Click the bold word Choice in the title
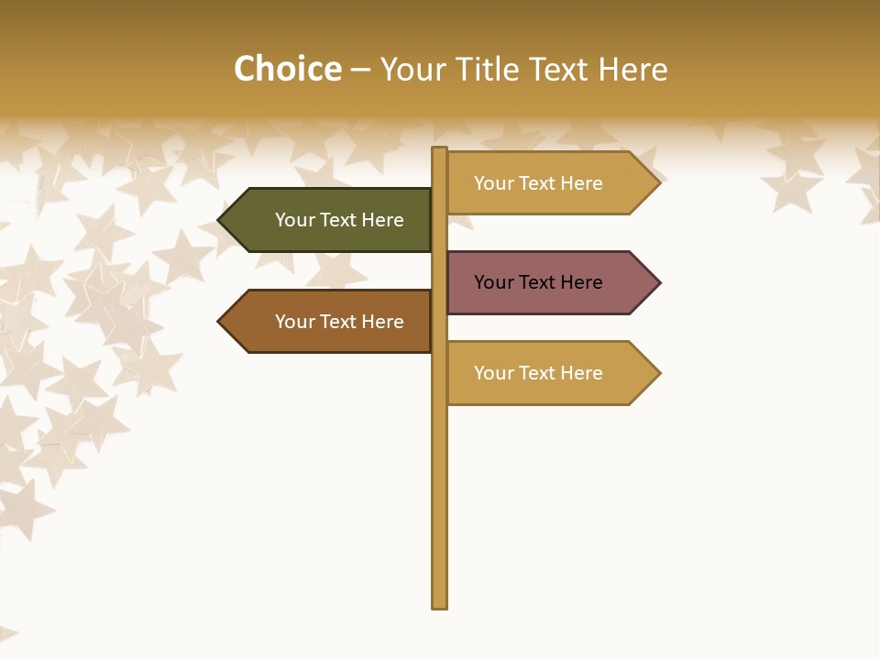(x=287, y=70)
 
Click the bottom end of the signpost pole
(x=440, y=605)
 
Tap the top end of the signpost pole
(x=440, y=150)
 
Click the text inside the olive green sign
(x=339, y=220)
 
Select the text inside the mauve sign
(x=538, y=282)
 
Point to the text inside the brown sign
(x=339, y=322)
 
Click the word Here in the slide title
(x=632, y=70)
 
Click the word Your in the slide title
(x=408, y=70)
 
